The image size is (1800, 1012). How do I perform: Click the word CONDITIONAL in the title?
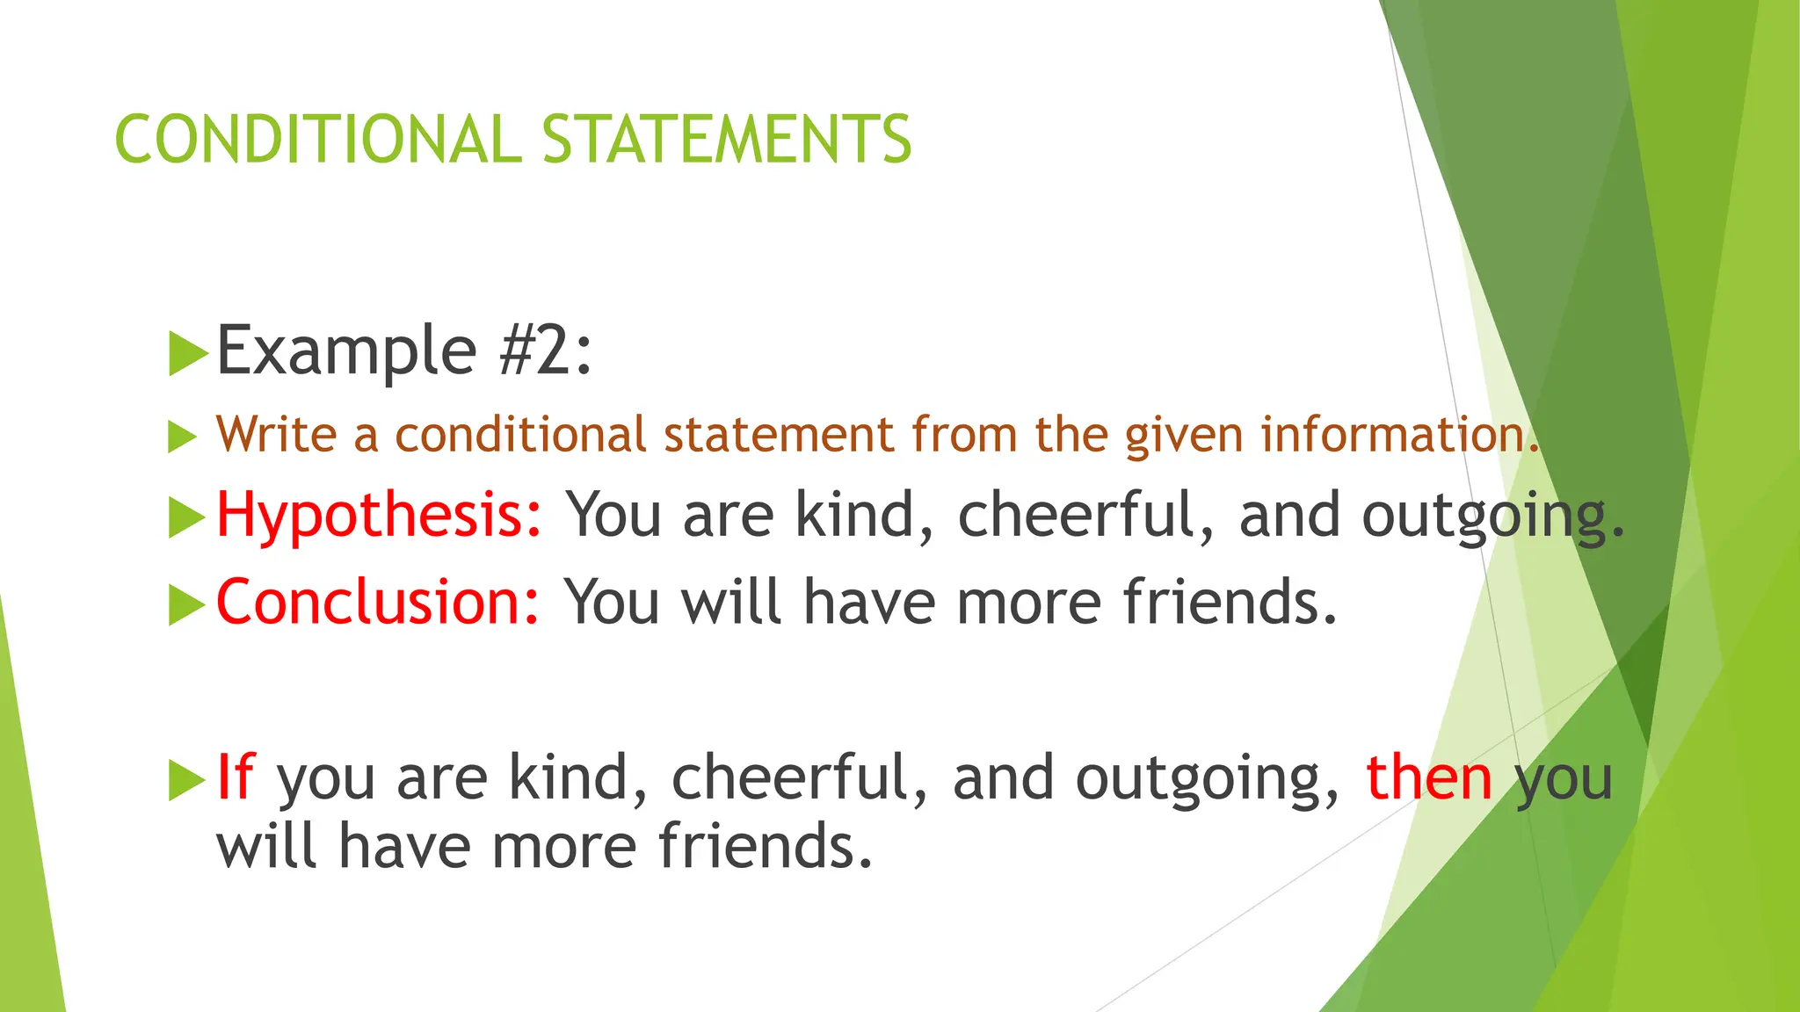[x=318, y=140]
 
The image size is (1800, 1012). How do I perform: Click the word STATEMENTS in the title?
[x=727, y=140]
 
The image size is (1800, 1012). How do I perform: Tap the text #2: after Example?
[x=546, y=351]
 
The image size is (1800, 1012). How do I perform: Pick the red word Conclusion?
[x=378, y=603]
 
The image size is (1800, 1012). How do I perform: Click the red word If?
[x=235, y=777]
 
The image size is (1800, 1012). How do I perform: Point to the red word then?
[x=1428, y=777]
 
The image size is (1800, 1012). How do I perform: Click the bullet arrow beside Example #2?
[x=186, y=353]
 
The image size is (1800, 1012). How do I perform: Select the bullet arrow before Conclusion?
[x=186, y=604]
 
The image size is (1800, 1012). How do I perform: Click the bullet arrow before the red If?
[x=186, y=779]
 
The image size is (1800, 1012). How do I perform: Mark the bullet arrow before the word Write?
[x=182, y=437]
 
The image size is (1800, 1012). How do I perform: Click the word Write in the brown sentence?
[x=276, y=435]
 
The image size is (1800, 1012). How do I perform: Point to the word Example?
[x=346, y=351]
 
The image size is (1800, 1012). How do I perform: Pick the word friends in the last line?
[x=765, y=846]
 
